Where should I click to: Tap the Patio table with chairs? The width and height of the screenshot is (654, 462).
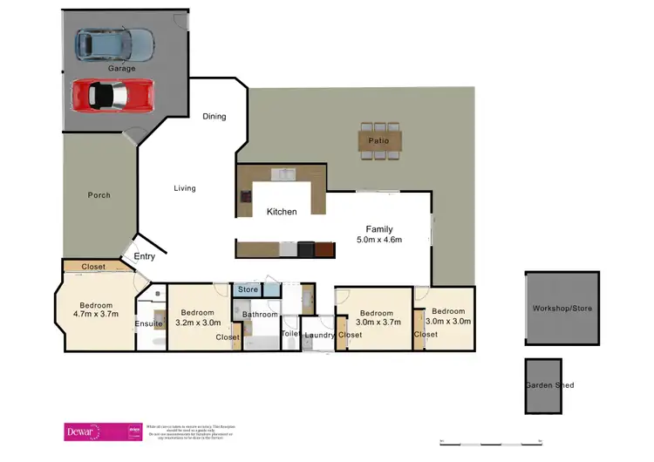click(x=379, y=140)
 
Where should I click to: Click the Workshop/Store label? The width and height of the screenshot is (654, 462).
click(x=562, y=309)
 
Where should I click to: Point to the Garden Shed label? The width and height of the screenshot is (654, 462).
click(x=549, y=385)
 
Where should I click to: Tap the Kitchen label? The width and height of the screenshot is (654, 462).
click(x=282, y=212)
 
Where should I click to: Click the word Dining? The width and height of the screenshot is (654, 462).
click(x=214, y=116)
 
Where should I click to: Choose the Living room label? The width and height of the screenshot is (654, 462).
click(x=184, y=188)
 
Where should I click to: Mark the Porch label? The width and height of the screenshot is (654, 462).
click(x=99, y=195)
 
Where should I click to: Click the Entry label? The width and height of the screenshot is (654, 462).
click(x=145, y=256)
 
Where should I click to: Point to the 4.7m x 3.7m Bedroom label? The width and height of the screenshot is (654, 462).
click(x=95, y=309)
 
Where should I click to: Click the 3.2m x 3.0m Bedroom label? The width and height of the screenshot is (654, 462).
click(x=202, y=316)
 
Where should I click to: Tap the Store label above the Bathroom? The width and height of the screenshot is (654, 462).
click(x=249, y=289)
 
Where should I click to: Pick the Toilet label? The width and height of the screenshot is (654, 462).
click(x=290, y=334)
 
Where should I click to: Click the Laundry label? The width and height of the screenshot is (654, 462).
click(x=319, y=335)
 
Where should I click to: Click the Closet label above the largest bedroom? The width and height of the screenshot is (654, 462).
click(x=93, y=267)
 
